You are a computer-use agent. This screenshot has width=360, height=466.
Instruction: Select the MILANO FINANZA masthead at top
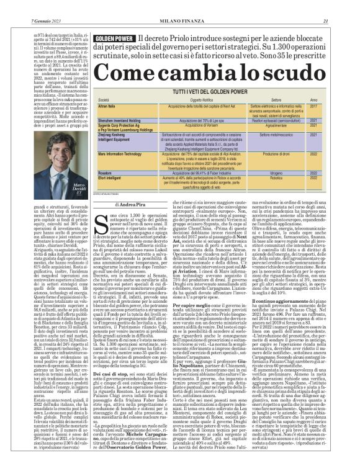click(180, 5)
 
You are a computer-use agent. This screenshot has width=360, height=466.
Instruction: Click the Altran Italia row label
click(108, 107)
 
